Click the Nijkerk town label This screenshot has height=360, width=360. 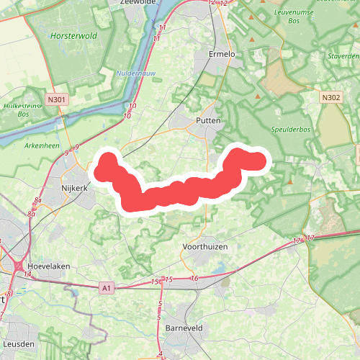(74, 188)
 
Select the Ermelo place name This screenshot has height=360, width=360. (222, 54)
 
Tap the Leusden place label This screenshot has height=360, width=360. (18, 344)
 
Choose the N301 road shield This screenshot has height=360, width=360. (58, 100)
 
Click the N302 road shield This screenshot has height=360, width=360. (330, 96)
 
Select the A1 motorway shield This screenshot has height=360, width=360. (107, 288)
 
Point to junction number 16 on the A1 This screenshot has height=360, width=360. (194, 278)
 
